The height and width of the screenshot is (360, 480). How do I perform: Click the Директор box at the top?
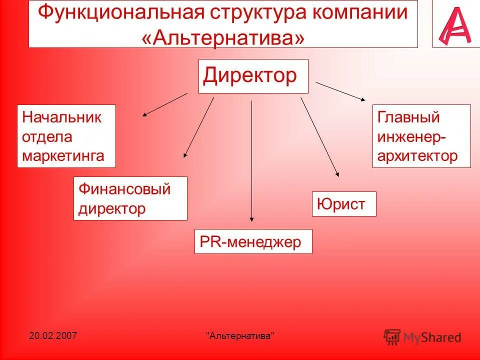253,76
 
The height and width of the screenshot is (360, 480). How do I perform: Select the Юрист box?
343,203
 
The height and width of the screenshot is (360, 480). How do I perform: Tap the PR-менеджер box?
253,241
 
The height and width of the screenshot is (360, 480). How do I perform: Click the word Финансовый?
124,189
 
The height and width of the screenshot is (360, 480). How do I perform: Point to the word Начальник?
62,117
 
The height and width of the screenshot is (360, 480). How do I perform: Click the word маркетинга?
63,155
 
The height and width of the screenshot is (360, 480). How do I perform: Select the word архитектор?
417,155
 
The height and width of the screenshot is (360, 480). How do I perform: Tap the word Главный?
408,117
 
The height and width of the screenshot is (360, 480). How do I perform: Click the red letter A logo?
455,24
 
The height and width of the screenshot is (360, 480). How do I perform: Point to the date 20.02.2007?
52,335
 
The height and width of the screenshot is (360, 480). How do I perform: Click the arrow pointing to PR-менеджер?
251,160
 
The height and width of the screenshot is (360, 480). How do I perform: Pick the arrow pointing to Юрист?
320,137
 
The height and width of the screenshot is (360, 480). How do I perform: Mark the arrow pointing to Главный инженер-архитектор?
341,91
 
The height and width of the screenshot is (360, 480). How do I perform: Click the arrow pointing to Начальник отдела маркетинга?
164,104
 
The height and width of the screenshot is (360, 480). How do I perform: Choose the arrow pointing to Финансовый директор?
199,127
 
